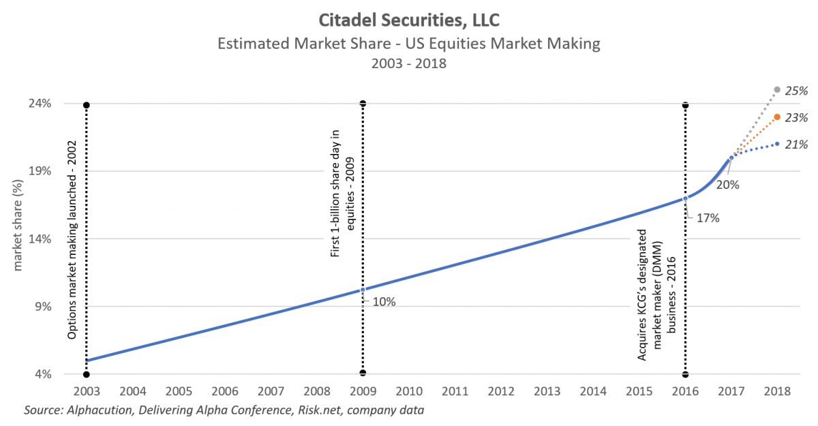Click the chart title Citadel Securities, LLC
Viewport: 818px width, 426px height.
click(409, 16)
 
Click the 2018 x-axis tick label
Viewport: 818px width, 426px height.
click(777, 392)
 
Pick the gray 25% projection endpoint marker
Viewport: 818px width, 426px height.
click(777, 90)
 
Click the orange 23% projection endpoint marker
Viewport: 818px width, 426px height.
click(777, 117)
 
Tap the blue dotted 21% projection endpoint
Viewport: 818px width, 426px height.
click(777, 144)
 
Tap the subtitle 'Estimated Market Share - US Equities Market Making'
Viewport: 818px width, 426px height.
click(409, 44)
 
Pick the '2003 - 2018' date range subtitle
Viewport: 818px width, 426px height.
click(409, 65)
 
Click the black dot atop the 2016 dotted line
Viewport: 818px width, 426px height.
click(685, 106)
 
